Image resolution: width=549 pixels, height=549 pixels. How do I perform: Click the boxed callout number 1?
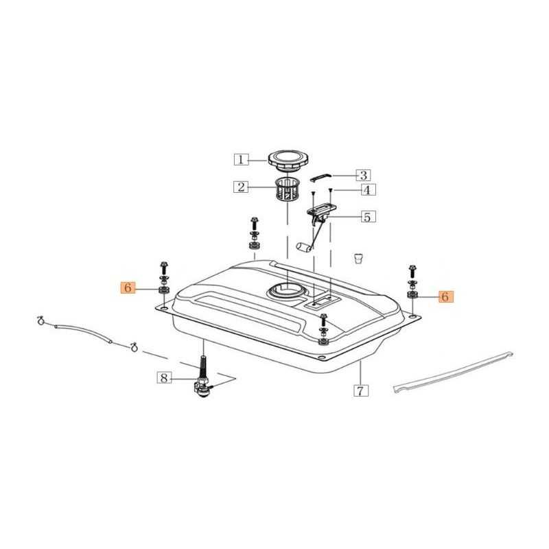point(241,160)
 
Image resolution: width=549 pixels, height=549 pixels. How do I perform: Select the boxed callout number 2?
point(241,187)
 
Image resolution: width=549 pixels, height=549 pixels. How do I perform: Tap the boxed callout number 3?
point(364,175)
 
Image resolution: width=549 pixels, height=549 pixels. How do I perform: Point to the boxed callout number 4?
point(366,190)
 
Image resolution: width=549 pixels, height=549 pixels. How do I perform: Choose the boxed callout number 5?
point(367,217)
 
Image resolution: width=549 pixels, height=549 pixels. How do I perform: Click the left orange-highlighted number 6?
point(128,288)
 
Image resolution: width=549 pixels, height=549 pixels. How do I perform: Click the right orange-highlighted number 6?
point(445,296)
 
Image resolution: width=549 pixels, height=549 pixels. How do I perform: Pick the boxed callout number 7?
point(361,390)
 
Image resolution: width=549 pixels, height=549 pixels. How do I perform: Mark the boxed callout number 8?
point(164,378)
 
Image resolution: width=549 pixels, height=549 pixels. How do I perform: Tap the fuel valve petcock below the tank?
point(203,388)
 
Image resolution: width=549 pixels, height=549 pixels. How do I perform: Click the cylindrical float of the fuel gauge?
point(304,246)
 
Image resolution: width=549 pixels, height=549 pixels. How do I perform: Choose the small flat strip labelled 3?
point(320,178)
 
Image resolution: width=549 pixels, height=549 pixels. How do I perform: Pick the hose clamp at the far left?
point(41,320)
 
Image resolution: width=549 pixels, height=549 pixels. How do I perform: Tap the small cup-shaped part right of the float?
point(358,258)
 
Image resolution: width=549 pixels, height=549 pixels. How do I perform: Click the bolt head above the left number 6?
point(164,264)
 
